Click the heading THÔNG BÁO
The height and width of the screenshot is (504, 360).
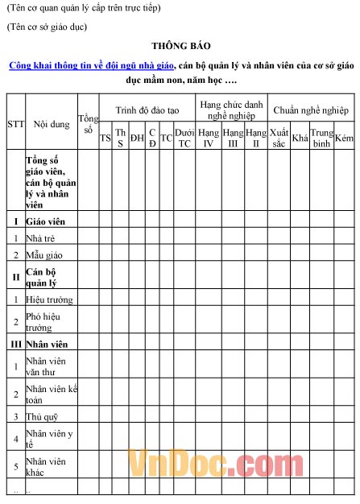[x=180, y=46]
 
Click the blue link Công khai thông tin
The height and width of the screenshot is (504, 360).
[x=92, y=66]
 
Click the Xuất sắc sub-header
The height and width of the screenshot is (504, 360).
[x=279, y=138]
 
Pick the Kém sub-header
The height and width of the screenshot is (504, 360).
[x=345, y=138]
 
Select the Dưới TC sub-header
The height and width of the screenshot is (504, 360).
[x=184, y=138]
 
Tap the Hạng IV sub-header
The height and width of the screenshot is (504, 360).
[x=208, y=138]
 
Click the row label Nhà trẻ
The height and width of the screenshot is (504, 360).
[x=42, y=238]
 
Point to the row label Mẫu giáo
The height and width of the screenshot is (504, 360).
[x=44, y=254]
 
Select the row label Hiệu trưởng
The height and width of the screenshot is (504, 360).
[x=49, y=300]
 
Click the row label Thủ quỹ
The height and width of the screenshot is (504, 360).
[x=43, y=416]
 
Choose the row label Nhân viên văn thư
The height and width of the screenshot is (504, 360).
[x=46, y=366]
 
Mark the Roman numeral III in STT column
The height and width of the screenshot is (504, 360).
[x=15, y=344]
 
